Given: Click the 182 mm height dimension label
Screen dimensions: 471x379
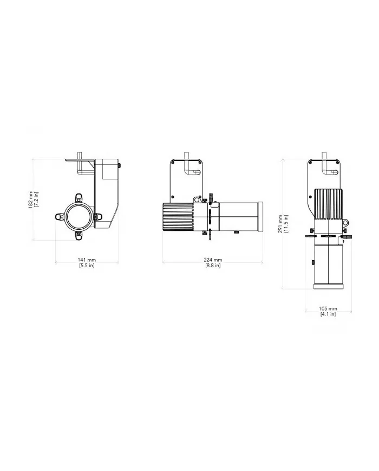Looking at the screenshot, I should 31,199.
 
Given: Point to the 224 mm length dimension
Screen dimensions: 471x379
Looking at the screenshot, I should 213,260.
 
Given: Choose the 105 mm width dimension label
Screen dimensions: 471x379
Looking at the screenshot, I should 328,308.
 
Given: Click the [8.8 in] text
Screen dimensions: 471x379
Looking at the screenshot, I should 213,266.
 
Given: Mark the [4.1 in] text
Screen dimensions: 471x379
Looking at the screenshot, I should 328,314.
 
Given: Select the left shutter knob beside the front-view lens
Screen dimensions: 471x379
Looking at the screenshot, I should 59,216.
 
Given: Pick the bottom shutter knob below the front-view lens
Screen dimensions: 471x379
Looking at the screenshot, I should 79,234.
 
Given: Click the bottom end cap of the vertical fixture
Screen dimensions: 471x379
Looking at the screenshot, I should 327,286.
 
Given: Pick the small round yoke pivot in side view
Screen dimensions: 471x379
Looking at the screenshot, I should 172,197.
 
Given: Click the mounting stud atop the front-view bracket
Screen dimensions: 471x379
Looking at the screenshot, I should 81,155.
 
